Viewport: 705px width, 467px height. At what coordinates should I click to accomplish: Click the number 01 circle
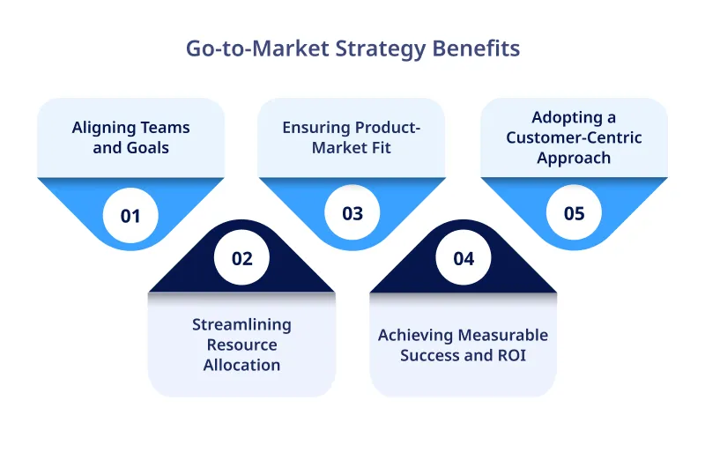130,214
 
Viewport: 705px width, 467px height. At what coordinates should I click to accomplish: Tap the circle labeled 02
241,258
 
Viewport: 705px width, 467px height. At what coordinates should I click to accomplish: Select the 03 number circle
352,214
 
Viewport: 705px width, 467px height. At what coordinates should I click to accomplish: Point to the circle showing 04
464,258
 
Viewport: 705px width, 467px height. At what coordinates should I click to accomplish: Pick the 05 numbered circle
574,214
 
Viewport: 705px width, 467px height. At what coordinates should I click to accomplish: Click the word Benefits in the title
475,48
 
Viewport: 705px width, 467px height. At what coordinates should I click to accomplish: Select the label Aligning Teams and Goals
130,137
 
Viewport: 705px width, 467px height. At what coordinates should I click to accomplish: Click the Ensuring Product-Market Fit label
352,137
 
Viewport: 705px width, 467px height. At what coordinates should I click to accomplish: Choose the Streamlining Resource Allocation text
241,345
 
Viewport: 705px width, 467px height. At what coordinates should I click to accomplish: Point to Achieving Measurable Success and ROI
463,345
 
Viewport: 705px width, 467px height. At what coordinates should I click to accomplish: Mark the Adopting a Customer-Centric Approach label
574,137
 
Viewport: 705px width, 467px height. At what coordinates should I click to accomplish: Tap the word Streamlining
241,324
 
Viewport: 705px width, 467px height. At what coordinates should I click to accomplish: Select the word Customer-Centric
574,137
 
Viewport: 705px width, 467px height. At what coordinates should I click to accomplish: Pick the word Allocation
241,365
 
